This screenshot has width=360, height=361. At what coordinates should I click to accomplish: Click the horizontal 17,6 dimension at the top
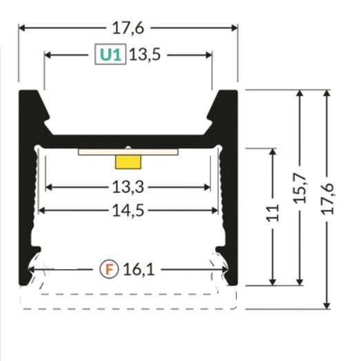coord(128,28)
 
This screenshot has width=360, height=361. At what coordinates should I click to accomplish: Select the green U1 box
coord(110,55)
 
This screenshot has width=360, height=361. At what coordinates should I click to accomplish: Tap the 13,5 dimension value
coord(144,55)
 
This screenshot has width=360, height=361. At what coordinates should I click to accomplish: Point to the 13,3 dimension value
coord(128,186)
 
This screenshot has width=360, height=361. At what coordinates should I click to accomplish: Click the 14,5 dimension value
coord(128,211)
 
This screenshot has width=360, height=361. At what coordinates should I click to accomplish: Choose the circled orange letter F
coord(110,269)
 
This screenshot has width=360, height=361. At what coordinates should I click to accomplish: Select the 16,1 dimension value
coord(140,269)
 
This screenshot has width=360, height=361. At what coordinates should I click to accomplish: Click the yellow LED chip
coord(128,163)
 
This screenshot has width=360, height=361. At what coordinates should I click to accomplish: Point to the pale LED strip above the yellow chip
coord(128,152)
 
